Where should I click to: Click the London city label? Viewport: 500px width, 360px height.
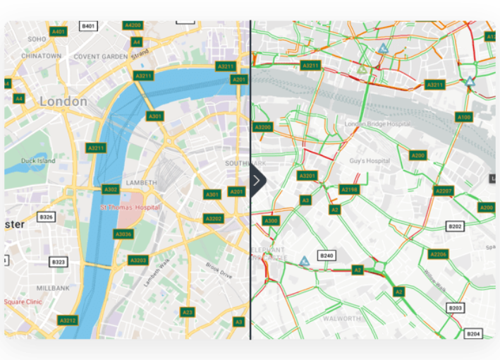63,101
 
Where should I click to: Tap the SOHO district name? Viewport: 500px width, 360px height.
37,39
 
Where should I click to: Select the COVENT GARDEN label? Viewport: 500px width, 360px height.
102,56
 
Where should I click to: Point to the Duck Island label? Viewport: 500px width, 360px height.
38,160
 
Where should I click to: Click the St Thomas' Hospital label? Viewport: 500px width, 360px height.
130,208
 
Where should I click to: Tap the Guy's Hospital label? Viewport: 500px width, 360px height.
369,161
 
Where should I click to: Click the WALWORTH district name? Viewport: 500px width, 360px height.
341,318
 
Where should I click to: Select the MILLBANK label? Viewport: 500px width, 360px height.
53,288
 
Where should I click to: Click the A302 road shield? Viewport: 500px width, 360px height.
111,189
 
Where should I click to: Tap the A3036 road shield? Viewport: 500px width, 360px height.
123,234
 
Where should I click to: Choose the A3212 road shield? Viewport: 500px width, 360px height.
68,320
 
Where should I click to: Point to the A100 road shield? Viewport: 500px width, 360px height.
463,117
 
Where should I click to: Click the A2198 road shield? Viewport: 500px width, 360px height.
349,189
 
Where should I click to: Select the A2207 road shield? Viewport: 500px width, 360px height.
444,191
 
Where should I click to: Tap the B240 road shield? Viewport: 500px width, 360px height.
327,256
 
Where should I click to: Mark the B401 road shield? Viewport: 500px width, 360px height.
88,26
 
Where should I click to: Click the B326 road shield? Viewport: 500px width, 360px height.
47,216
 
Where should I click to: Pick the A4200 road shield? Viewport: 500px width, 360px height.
133,25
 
